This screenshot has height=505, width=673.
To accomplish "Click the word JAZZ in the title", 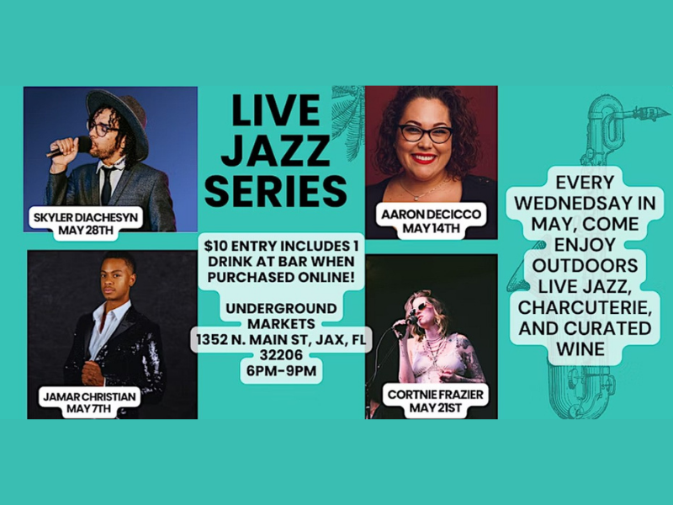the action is tap(275, 150).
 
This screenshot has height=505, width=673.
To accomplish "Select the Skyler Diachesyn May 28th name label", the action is tap(86, 223).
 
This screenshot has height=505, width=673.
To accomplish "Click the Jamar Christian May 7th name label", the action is tap(89, 402).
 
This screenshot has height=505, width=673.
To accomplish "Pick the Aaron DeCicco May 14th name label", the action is tap(431, 221).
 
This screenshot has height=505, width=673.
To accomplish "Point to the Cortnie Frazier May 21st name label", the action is tap(435, 401).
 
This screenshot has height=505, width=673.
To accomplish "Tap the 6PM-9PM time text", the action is tap(282, 370).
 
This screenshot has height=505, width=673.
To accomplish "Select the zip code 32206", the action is tap(281, 354).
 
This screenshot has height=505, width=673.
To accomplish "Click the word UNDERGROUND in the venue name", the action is tap(281, 308).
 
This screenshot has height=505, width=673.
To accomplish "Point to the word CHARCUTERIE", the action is tap(586, 307).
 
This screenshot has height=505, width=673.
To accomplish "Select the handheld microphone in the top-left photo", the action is tap(70, 146).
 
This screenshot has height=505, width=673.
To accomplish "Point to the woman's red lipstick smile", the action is tap(423, 158).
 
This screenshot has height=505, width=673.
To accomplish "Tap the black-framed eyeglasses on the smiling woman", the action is tap(425, 133).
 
